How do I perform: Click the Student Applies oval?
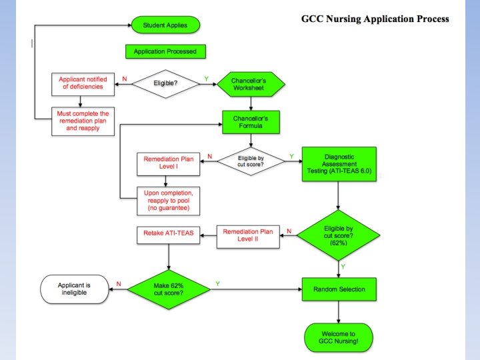pyautogui.click(x=165, y=26)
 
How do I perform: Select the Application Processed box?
pyautogui.click(x=165, y=51)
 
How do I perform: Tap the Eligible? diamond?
pyautogui.click(x=165, y=84)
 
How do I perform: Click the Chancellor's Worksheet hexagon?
pyautogui.click(x=250, y=84)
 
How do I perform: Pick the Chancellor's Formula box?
pyautogui.click(x=250, y=122)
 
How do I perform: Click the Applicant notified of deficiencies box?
pyautogui.click(x=81, y=83)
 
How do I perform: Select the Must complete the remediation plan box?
pyautogui.click(x=81, y=122)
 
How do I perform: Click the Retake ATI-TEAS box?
pyautogui.click(x=169, y=233)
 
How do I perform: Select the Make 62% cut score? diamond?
pyautogui.click(x=168, y=289)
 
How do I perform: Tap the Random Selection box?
pyautogui.click(x=339, y=289)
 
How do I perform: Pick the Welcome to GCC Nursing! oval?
pyautogui.click(x=339, y=338)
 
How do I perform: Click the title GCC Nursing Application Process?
pyautogui.click(x=375, y=19)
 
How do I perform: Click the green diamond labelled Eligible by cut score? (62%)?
pyautogui.click(x=339, y=234)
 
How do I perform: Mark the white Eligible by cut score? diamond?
pyautogui.click(x=251, y=161)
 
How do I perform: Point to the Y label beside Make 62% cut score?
pyautogui.click(x=217, y=285)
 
